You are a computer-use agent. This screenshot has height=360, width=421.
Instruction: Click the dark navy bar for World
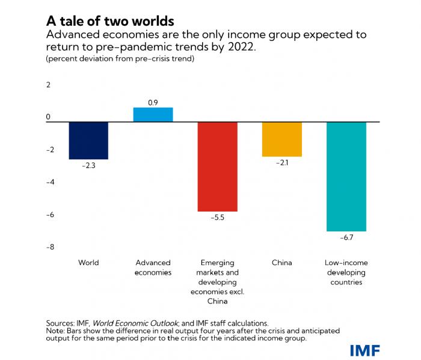tap(88, 140)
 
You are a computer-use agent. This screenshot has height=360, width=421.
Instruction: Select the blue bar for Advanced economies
tap(153, 115)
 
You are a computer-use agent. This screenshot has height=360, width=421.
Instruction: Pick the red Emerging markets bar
tap(217, 166)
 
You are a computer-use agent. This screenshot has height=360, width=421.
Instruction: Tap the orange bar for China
tap(281, 139)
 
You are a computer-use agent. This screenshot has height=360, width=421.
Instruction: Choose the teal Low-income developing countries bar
tap(346, 176)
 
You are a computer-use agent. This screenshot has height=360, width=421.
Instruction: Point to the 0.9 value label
tap(153, 103)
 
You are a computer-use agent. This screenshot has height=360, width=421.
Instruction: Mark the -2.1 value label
tap(281, 162)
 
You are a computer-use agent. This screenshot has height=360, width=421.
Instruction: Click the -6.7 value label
tap(346, 237)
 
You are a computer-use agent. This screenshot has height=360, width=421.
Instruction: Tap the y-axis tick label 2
tap(49, 85)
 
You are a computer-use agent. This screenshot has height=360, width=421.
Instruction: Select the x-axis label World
tap(88, 263)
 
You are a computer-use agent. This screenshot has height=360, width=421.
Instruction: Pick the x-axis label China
tap(281, 263)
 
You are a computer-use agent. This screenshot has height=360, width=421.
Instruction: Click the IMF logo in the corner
tap(365, 350)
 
